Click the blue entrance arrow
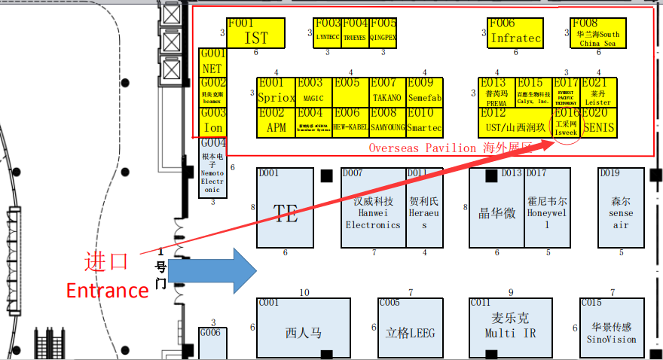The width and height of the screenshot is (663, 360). coord(212,270)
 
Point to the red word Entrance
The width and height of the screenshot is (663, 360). coord(106,290)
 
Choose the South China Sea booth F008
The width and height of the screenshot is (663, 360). coord(597,33)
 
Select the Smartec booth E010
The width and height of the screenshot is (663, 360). coord(425,122)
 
